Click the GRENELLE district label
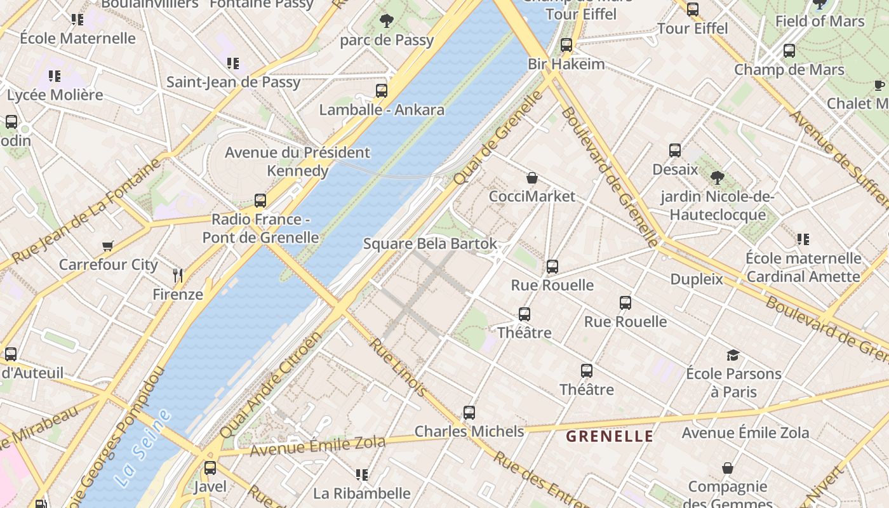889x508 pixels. click(609, 436)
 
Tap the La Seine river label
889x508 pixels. click(144, 448)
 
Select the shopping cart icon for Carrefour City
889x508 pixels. click(108, 246)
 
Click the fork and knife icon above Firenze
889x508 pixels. click(178, 275)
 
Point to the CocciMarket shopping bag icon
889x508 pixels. click(532, 178)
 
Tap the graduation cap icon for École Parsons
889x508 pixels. click(733, 355)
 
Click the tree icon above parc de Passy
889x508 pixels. click(386, 21)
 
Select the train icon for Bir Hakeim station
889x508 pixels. click(566, 45)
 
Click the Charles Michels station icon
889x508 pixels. click(469, 413)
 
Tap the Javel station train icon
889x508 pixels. click(210, 468)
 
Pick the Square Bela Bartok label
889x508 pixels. click(430, 244)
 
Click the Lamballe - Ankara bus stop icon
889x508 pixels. click(381, 91)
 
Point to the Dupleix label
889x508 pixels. click(697, 279)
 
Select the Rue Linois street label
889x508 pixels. click(399, 367)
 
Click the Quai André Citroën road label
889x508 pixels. click(271, 385)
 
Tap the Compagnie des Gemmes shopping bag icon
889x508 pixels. click(728, 469)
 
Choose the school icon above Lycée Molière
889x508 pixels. click(55, 76)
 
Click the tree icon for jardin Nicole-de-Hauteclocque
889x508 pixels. click(718, 178)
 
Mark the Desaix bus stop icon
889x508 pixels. click(675, 150)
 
